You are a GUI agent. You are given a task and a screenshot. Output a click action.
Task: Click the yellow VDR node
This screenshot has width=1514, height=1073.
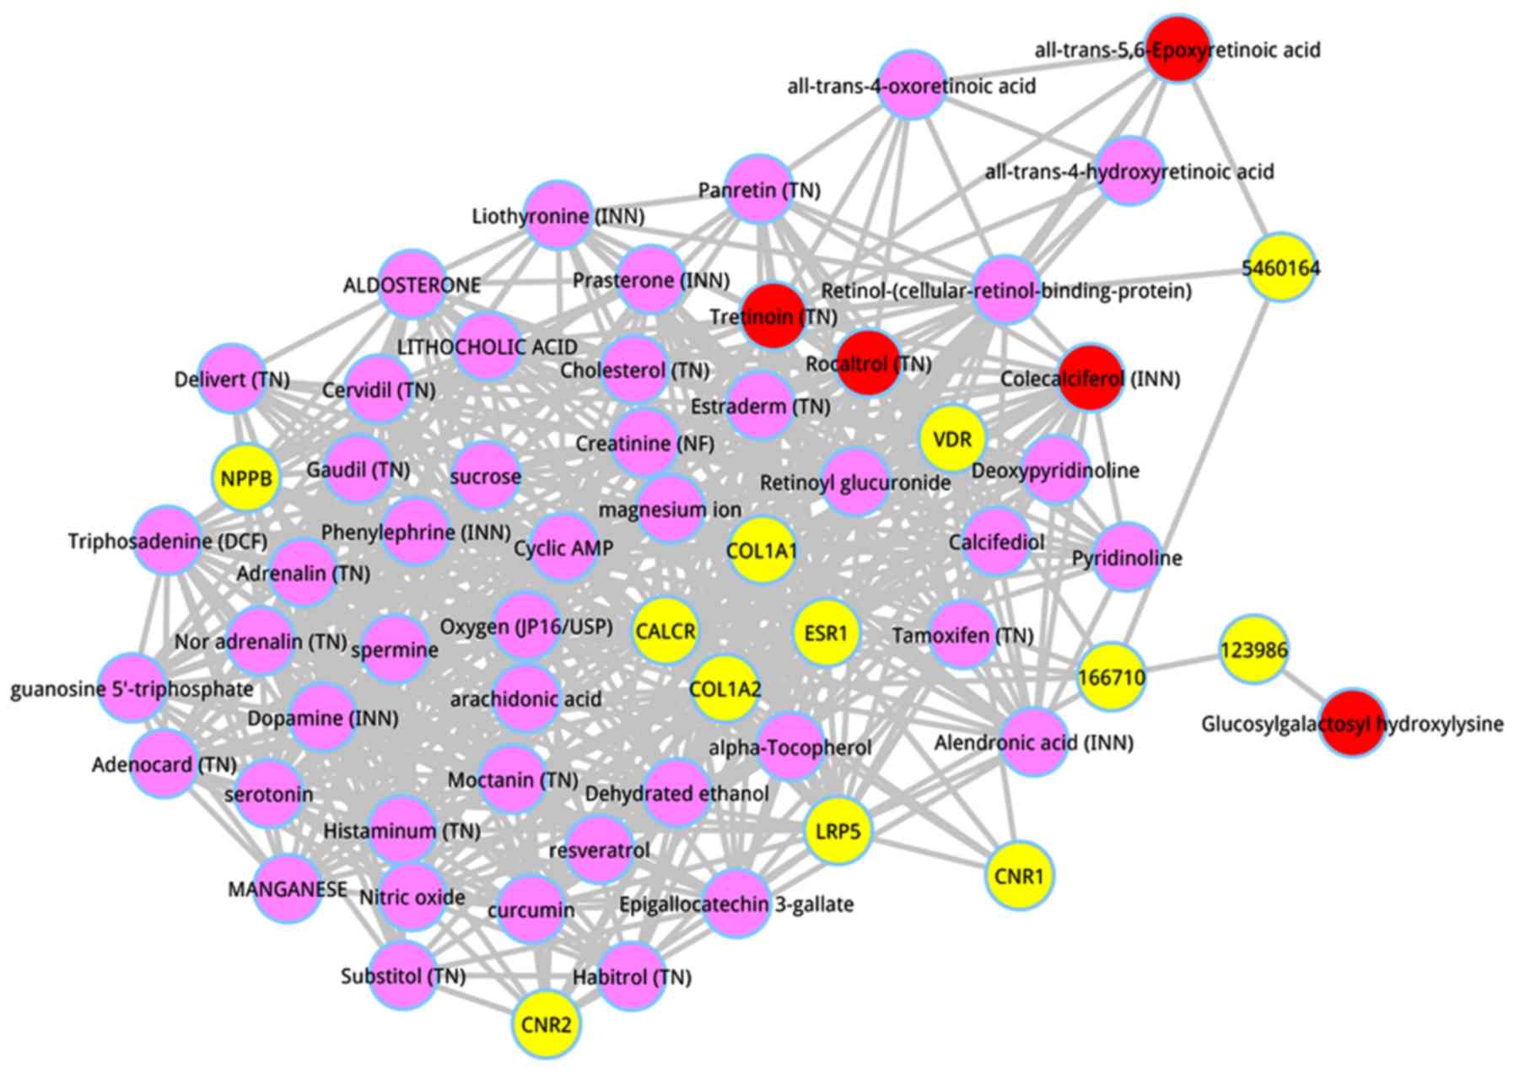pos(952,439)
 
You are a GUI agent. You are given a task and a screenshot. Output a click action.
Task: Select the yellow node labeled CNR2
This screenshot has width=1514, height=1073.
pos(547,1025)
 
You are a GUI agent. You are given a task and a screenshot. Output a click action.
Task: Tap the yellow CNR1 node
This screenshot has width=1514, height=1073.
pos(1019,876)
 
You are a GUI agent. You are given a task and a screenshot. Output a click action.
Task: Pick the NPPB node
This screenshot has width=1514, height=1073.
pos(246,478)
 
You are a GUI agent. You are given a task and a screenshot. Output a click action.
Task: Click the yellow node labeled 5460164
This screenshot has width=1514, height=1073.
pos(1281,268)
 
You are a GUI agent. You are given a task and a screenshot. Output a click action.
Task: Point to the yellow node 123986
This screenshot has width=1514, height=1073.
pos(1254,650)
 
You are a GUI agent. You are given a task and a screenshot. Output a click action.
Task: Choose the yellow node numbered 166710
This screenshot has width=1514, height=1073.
pos(1112,677)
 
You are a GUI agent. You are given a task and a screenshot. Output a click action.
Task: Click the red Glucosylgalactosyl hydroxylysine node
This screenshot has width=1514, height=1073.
pos(1352,723)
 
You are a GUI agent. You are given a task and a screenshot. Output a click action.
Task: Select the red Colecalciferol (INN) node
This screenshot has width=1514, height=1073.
pos(1091,378)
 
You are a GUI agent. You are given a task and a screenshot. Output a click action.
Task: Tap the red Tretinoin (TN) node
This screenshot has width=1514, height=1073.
pos(773,316)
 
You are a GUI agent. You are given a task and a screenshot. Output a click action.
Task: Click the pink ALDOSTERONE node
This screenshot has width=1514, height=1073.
pos(412,284)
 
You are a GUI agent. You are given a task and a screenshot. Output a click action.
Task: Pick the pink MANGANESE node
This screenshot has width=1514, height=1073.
pos(288,889)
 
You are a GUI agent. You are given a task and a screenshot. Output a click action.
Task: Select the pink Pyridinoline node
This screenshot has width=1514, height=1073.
pos(1127,557)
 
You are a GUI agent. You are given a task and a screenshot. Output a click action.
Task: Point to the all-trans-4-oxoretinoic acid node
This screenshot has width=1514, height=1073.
pos(911,85)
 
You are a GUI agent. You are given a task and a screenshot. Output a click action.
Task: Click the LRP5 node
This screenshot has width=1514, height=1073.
pos(838,832)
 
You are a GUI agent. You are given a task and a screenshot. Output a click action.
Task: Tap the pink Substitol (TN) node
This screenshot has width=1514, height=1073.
pos(403,976)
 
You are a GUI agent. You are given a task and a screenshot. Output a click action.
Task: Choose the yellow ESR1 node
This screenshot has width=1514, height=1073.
pos(826,633)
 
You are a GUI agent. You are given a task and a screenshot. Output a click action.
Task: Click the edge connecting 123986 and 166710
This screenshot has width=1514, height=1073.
pos(1183,664)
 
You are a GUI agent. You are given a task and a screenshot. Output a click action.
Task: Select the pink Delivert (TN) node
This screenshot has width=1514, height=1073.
pos(232,379)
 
